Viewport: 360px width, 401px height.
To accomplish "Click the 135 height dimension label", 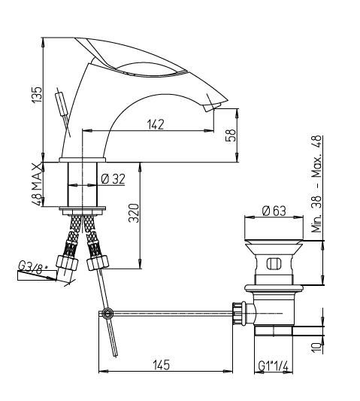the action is [37, 95].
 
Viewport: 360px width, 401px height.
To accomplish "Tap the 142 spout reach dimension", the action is [156, 125].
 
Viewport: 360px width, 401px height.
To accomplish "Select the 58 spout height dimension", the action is [231, 135].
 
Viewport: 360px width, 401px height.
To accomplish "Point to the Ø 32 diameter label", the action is [113, 179].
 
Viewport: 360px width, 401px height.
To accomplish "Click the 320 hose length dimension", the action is [134, 213].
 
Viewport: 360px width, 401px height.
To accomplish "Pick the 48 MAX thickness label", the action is [37, 184].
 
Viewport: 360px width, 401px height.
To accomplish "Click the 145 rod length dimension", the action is [162, 365].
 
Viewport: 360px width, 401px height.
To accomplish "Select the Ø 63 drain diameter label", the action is [274, 211].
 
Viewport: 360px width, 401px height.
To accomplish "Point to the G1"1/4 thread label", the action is [273, 366].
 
